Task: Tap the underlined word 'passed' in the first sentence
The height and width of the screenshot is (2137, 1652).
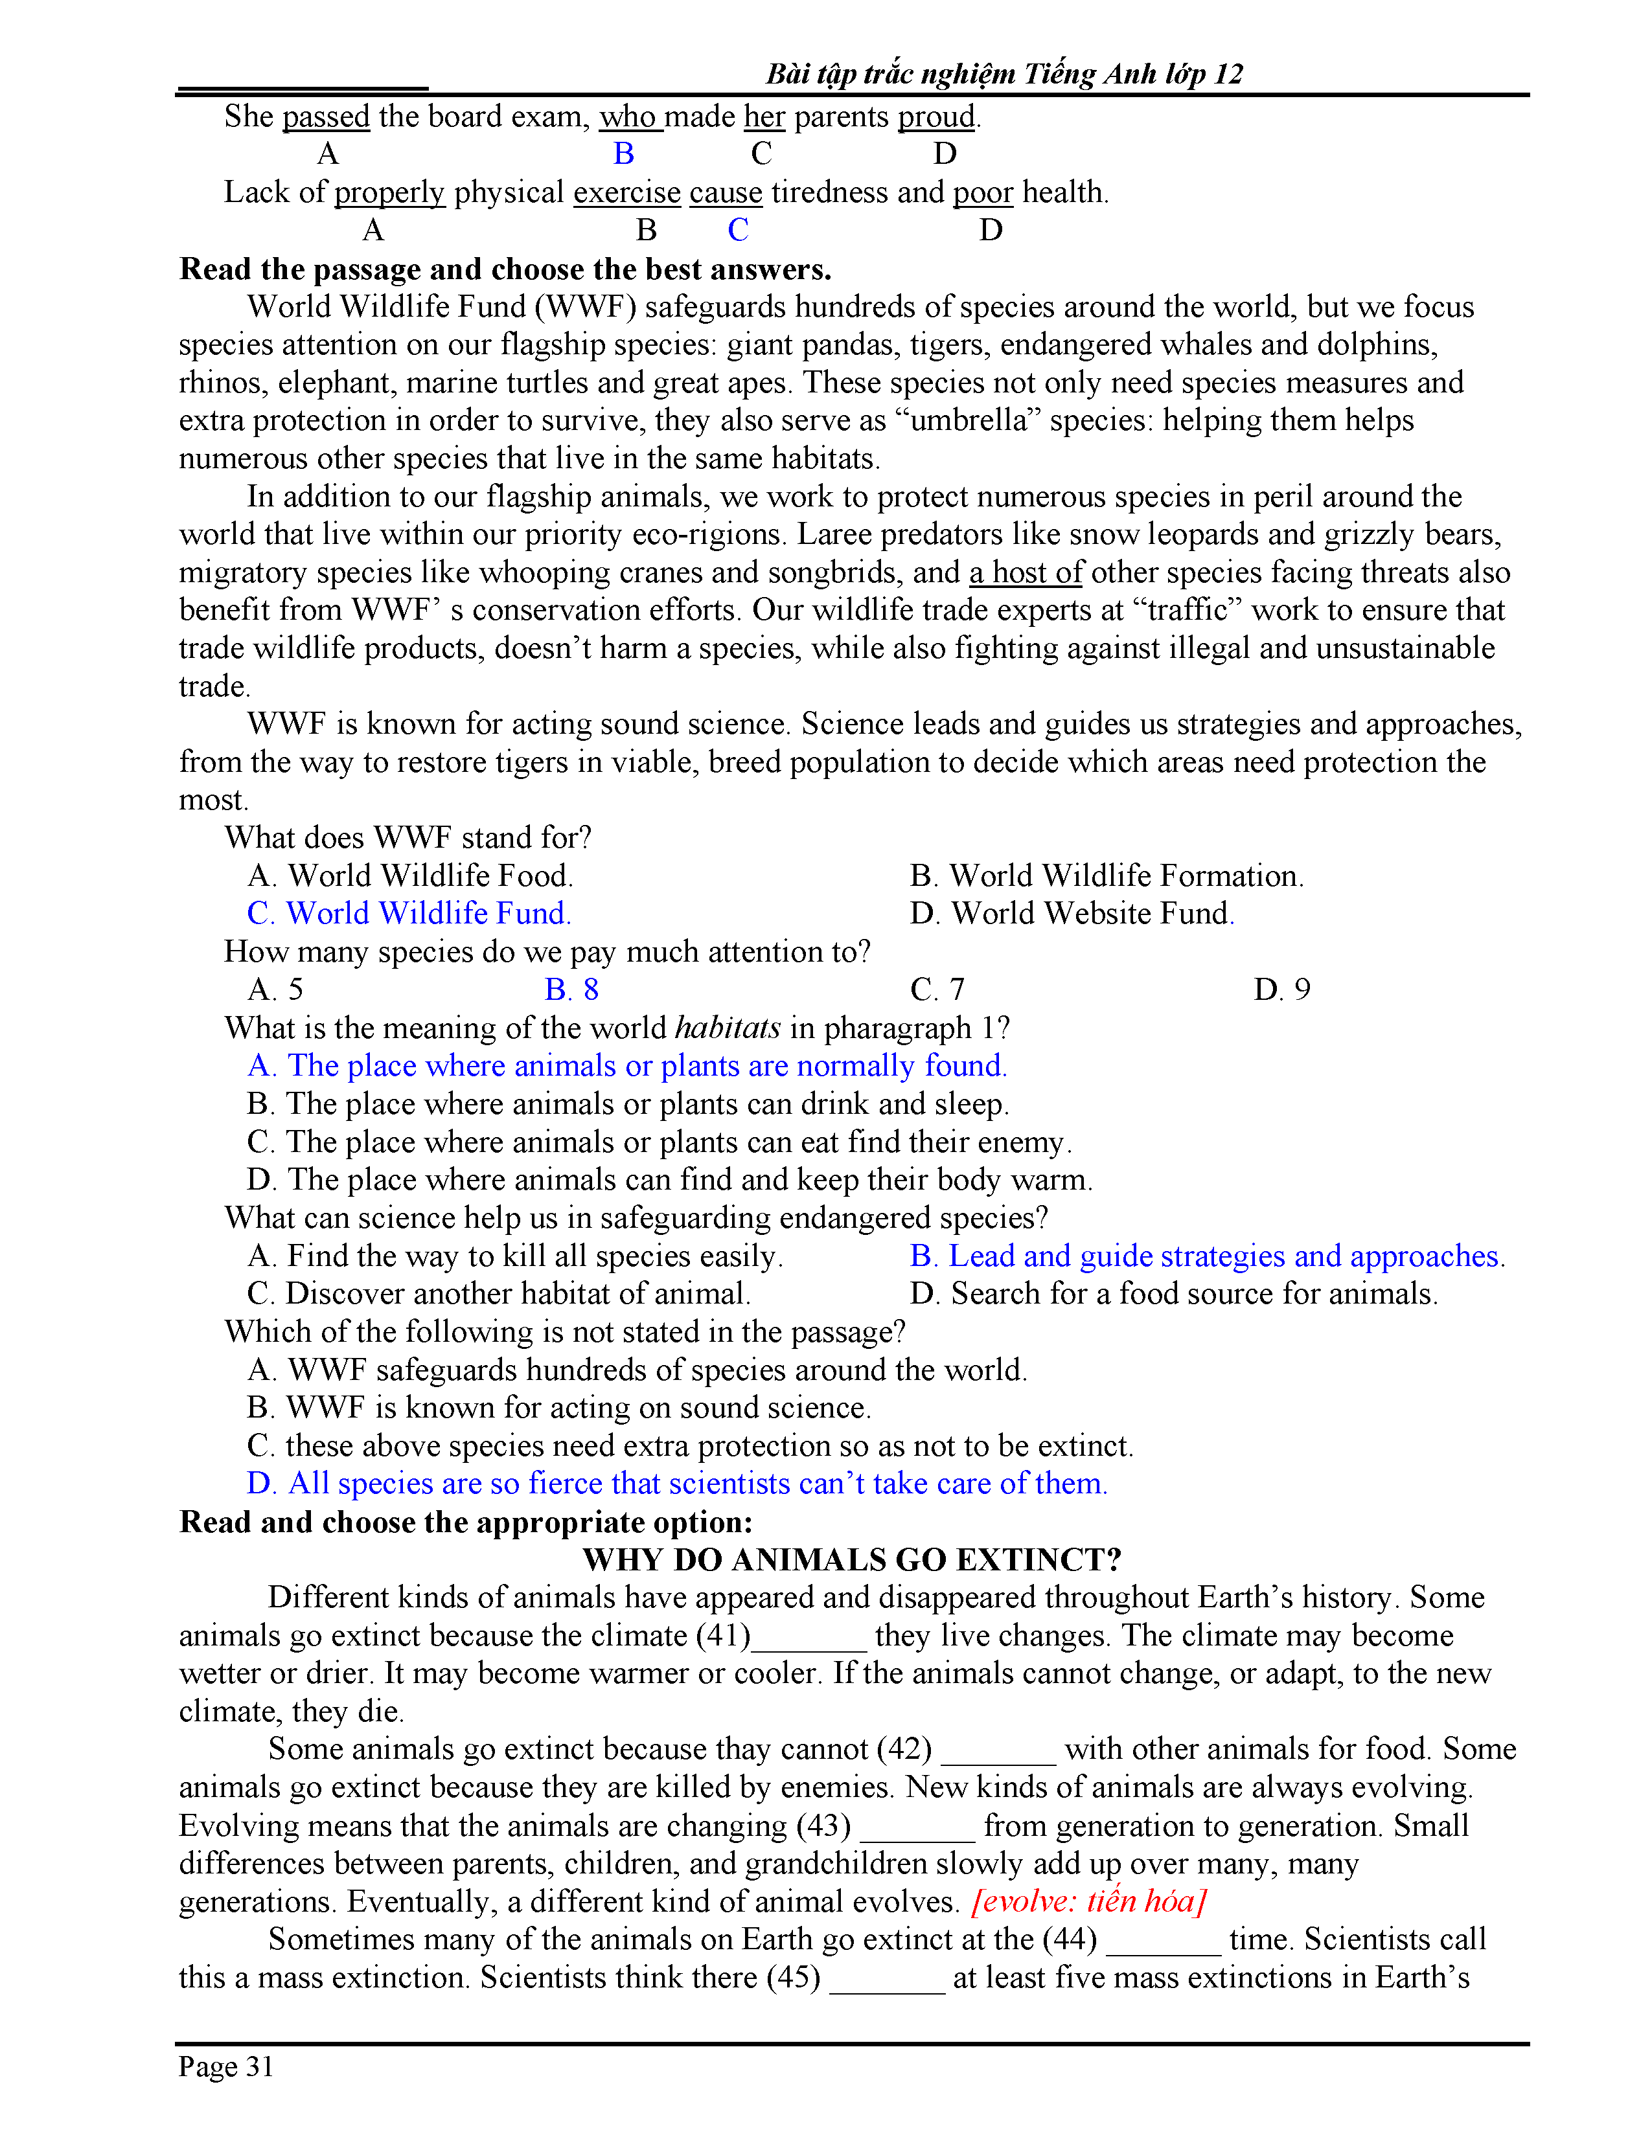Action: click(x=326, y=117)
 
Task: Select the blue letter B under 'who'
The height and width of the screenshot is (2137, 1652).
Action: click(x=623, y=153)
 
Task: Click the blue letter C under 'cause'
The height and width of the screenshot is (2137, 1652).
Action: click(x=738, y=230)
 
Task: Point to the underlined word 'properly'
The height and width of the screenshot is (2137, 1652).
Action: click(x=389, y=193)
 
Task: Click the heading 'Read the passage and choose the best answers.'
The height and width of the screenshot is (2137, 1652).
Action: click(x=505, y=269)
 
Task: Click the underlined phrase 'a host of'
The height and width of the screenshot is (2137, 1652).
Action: click(x=1026, y=572)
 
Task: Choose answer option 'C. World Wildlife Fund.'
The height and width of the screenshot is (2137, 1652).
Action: click(x=409, y=914)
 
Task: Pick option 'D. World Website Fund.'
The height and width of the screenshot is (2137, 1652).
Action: click(x=1072, y=914)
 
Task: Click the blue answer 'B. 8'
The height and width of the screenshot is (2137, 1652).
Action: click(x=571, y=990)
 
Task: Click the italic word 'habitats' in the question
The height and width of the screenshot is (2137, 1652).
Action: click(x=727, y=1028)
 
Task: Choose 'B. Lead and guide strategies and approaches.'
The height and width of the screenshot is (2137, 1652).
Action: click(x=1207, y=1256)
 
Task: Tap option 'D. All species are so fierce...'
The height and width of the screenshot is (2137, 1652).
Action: click(x=676, y=1484)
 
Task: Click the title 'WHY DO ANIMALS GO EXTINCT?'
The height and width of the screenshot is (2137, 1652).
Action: click(x=851, y=1560)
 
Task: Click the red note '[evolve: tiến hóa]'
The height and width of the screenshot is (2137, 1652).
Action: click(x=1088, y=1901)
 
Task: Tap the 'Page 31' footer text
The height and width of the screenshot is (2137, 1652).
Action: click(x=226, y=2066)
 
